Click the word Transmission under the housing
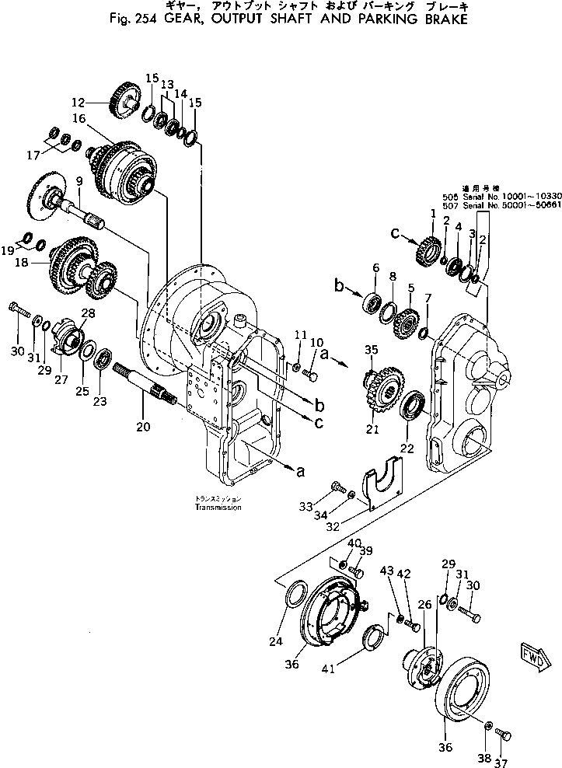coord(218,507)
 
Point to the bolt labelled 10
coord(312,377)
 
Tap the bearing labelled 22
coord(413,406)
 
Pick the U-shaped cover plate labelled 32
coord(383,483)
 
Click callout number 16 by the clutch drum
coord(79,118)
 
